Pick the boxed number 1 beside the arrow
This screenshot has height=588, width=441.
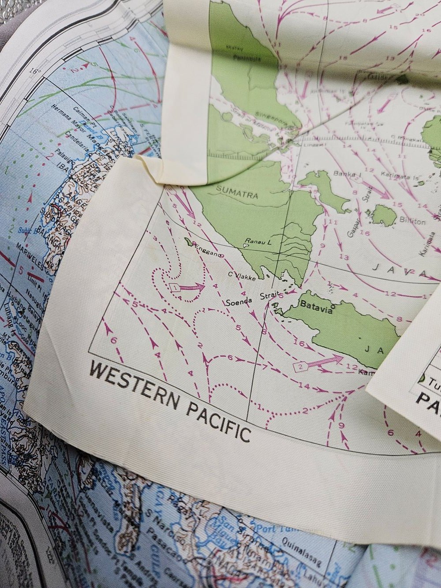(x=175, y=288)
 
